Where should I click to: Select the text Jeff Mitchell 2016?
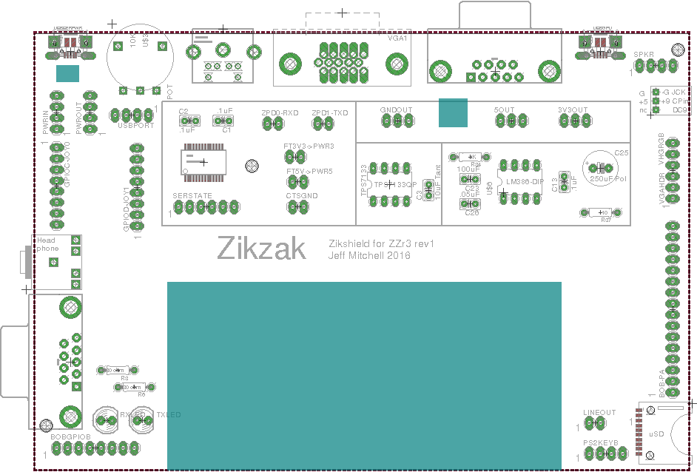coord(368,255)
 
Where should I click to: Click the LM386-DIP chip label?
coord(525,181)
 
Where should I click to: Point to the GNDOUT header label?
coord(396,109)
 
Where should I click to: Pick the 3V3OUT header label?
coord(573,109)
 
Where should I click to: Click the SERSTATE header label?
coord(192,195)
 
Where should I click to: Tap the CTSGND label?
coord(301,195)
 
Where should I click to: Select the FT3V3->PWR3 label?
coord(309,146)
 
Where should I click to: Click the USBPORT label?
coord(135,125)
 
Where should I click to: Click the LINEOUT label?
coord(599,413)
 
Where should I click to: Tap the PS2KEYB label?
coord(599,442)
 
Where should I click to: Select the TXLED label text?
coord(168,415)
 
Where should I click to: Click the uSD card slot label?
coord(656,434)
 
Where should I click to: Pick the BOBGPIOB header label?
coord(70,437)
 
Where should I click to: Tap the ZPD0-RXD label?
coord(280,113)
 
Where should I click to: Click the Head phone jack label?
coord(47,244)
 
